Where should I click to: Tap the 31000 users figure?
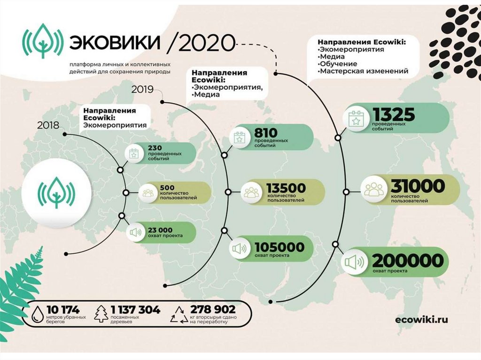[x=418, y=186]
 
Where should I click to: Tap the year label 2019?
[x=142, y=88]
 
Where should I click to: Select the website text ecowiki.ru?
[x=422, y=320]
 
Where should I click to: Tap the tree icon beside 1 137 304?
[x=101, y=314]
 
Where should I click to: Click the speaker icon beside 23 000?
[x=135, y=232]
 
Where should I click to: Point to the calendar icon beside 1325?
[x=356, y=120]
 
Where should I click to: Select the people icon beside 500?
[x=147, y=192]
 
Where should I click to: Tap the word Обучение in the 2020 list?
[x=338, y=64]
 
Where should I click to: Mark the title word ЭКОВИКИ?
[x=114, y=43]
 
